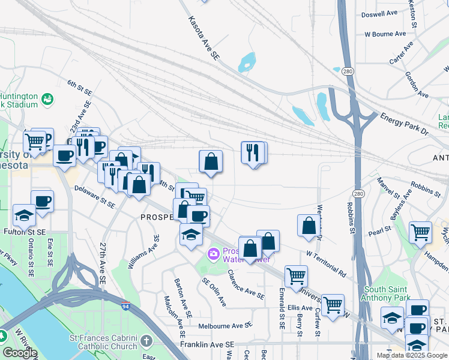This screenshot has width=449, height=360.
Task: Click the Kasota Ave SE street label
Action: (x=202, y=38)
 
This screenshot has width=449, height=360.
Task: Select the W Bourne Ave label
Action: (x=386, y=34)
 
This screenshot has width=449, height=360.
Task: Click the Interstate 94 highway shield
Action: (x=125, y=305)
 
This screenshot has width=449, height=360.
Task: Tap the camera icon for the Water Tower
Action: (x=213, y=254)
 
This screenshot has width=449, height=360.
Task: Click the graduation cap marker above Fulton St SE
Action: (x=24, y=215)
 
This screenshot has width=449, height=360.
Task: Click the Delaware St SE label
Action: (x=94, y=196)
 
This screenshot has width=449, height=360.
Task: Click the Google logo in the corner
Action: (x=20, y=353)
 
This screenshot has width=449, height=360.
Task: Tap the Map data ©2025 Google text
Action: (x=411, y=355)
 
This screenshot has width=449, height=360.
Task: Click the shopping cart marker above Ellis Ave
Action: (x=296, y=276)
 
